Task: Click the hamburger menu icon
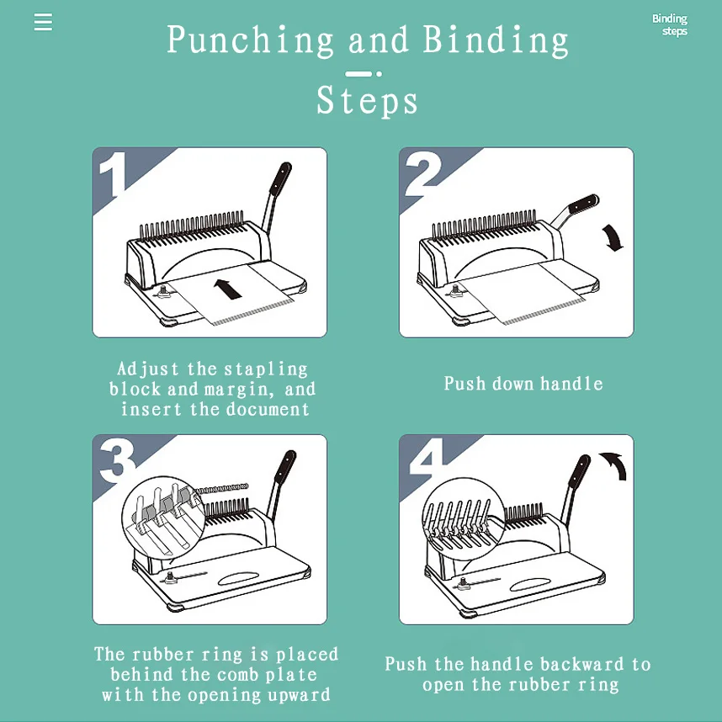click(x=43, y=22)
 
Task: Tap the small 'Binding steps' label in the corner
click(x=670, y=25)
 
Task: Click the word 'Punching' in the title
click(x=250, y=40)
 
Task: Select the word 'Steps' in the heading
click(x=367, y=101)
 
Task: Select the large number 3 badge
click(x=117, y=460)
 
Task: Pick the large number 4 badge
click(x=426, y=460)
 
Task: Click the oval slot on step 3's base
click(x=243, y=579)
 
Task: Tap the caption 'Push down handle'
click(x=523, y=384)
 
